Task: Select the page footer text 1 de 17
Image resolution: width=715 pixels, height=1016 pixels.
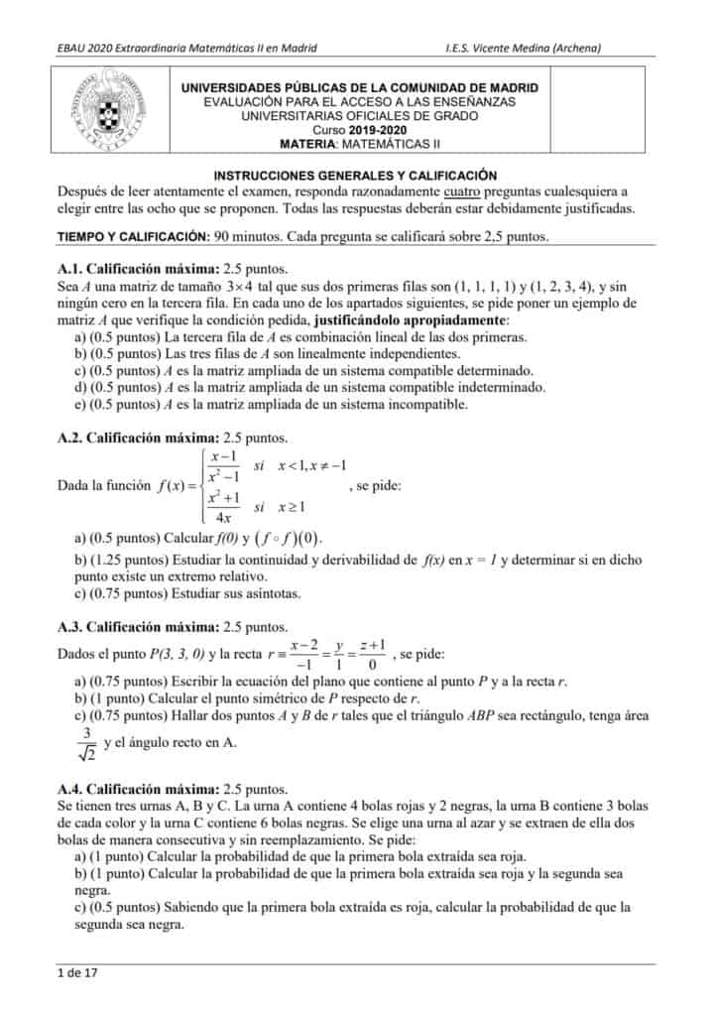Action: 77,972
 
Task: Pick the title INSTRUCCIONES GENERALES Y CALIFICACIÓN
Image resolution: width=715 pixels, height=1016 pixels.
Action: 356,174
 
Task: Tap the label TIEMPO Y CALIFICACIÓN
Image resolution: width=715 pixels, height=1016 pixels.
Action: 133,236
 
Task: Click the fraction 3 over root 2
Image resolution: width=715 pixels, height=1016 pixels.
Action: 87,744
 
